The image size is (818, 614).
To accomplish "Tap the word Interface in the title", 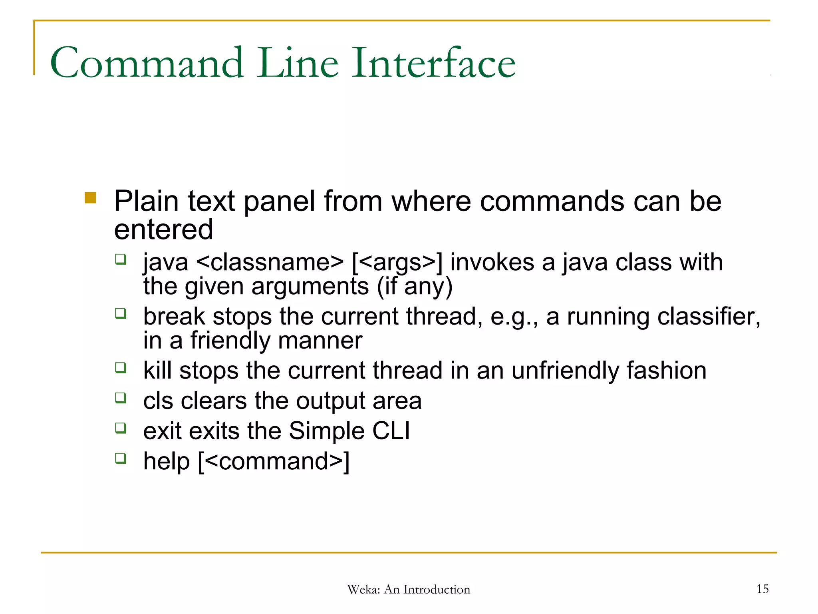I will pos(434,63).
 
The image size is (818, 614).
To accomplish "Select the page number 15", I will pos(762,589).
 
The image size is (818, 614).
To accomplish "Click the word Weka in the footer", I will pos(363,590).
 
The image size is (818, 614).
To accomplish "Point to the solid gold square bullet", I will pos(91,198).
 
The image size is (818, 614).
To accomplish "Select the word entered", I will pos(163,229).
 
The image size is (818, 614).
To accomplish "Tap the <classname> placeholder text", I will pos(270,263).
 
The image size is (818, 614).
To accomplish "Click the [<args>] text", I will pos(397,263).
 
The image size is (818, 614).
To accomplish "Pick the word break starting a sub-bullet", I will pos(174,316).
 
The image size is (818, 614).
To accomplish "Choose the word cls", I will pos(158,401).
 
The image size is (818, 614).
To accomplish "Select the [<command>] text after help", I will pos(274,461).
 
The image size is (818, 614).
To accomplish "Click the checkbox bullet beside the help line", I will pos(121,458).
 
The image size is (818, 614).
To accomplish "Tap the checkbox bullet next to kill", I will pos(121,367).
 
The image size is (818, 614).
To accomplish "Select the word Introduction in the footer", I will pos(437,590).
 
